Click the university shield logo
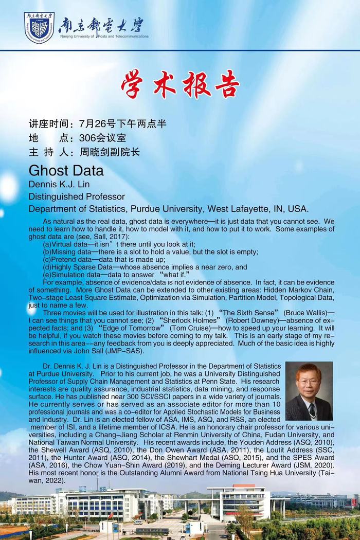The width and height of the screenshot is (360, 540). [x=39, y=27]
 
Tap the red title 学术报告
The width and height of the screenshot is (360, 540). [x=180, y=84]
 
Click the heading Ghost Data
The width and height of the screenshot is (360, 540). [x=66, y=170]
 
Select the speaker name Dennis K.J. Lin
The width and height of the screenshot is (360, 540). [x=61, y=184]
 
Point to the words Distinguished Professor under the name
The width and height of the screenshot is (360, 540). [x=77, y=196]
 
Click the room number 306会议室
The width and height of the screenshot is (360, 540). [x=103, y=138]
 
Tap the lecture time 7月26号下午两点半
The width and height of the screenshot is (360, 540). [x=123, y=124]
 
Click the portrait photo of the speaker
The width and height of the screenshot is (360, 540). [x=309, y=391]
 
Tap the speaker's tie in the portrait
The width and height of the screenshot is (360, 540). [x=312, y=410]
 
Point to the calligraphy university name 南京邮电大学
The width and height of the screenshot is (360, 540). [x=101, y=24]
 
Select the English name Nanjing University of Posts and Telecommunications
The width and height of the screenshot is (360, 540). [x=103, y=37]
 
